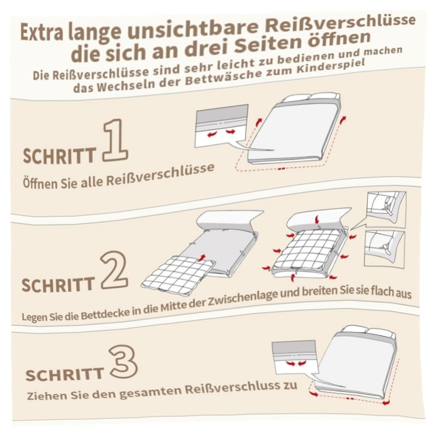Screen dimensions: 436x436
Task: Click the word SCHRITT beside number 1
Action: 59,155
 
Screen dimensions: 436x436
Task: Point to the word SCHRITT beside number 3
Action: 64,374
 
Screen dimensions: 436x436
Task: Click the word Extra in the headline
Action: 43,32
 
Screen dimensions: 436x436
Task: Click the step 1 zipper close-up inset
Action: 222,126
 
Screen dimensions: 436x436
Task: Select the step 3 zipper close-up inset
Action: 295,357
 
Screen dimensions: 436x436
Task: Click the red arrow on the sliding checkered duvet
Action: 202,257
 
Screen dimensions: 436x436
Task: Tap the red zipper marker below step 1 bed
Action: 281,169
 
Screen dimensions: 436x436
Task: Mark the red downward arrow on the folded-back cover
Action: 317,220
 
